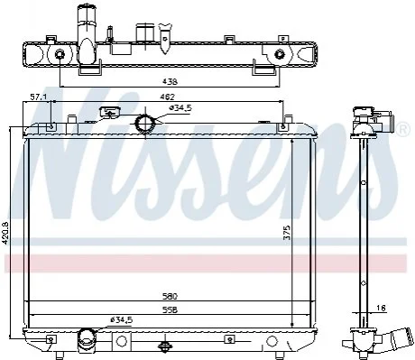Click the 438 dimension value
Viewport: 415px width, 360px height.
click(x=170, y=81)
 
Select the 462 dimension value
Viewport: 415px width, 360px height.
click(x=167, y=97)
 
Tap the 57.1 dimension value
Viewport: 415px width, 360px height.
click(x=37, y=97)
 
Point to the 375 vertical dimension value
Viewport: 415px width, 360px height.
click(x=287, y=232)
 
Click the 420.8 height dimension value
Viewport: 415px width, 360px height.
click(x=5, y=233)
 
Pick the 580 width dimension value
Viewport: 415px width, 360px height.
click(x=170, y=297)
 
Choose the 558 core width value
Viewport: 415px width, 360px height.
click(x=170, y=310)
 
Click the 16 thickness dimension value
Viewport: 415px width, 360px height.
click(x=381, y=308)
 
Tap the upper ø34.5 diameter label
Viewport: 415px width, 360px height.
click(x=180, y=108)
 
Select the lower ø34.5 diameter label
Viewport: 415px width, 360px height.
click(x=121, y=320)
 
